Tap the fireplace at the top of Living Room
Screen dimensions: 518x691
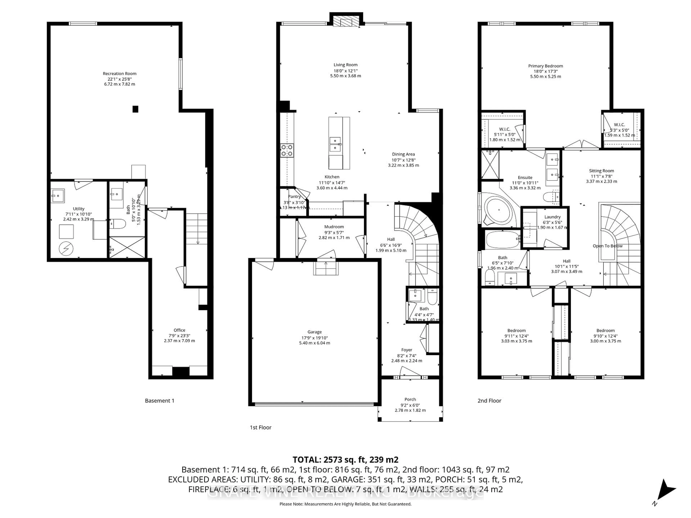click(x=346, y=22)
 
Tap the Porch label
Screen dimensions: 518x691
click(x=410, y=399)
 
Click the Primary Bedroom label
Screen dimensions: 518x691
click(x=545, y=66)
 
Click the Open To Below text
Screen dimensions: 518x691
click(x=607, y=246)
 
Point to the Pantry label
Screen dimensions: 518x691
click(x=294, y=196)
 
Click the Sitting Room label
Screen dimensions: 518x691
click(x=601, y=171)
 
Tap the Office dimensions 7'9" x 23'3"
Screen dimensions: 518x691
click(x=179, y=336)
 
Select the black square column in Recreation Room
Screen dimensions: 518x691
click(x=135, y=109)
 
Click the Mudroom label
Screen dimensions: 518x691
click(x=334, y=227)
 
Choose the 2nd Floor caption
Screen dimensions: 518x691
click(x=489, y=401)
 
